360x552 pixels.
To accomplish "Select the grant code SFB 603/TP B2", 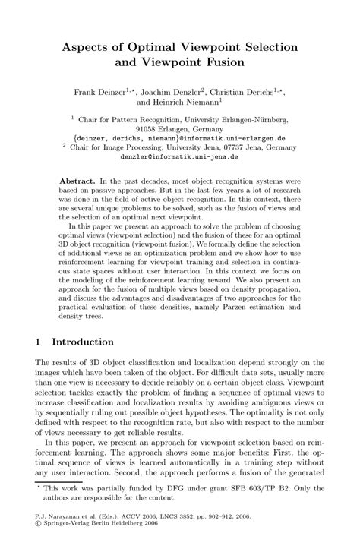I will [262, 504].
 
